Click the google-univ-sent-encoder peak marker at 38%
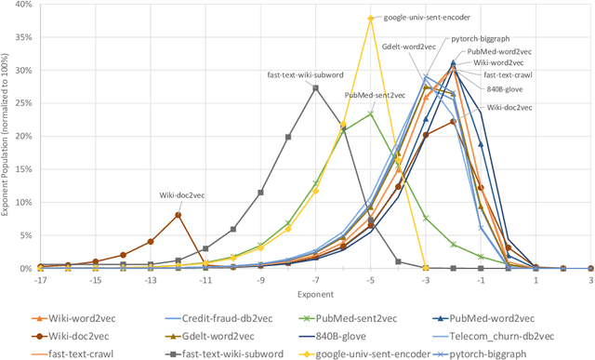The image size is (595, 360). tap(371, 18)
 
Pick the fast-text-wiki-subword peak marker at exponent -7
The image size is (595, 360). tap(316, 88)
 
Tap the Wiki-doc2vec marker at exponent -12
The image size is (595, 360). tap(178, 215)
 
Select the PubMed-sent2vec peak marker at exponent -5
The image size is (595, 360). tap(371, 113)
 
